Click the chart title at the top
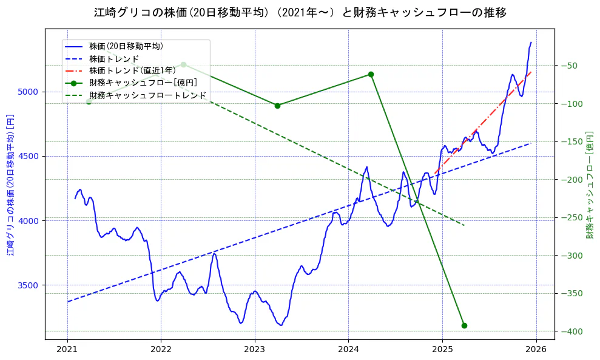click(300, 12)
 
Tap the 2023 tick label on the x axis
click(255, 350)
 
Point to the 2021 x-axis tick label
click(67, 350)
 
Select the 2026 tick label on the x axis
click(536, 350)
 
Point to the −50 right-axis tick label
click(570, 66)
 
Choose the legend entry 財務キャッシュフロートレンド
click(147, 95)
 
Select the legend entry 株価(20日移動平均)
click(126, 46)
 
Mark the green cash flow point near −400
click(464, 325)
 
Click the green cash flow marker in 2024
click(371, 74)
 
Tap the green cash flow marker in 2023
click(277, 106)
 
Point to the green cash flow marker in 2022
click(183, 64)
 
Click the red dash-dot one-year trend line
click(485, 121)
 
